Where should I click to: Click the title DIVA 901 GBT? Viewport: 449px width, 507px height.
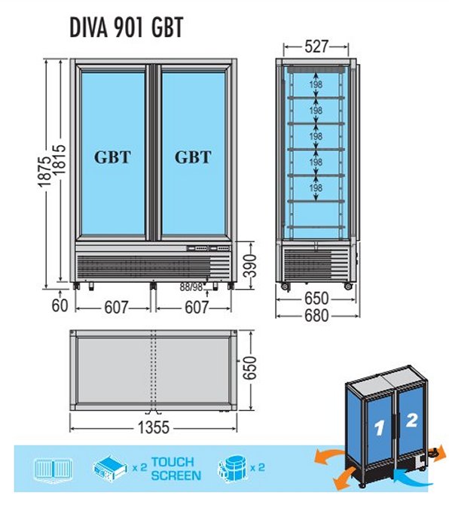pos(127,27)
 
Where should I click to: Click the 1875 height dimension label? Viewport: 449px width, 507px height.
pos(44,172)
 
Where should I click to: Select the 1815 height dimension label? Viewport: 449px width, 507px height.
pos(60,159)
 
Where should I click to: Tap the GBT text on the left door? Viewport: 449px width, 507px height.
pos(112,157)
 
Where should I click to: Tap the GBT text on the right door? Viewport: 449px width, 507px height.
pos(193,157)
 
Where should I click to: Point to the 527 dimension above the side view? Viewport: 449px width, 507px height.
pos(316,47)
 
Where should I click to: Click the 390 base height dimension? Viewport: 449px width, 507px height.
pos(250,266)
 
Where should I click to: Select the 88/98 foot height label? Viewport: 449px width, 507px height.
pos(191,287)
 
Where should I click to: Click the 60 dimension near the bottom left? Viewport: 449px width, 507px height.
pos(60,305)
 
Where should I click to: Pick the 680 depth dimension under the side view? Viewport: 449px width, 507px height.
pos(316,316)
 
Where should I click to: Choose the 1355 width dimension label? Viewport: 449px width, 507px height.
pos(154,427)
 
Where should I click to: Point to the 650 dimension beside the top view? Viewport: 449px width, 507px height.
pos(250,368)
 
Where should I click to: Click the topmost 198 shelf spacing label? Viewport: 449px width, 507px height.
pos(316,84)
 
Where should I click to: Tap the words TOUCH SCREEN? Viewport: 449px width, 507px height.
pos(176,469)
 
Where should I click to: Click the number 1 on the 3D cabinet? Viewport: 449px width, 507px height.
pos(379,428)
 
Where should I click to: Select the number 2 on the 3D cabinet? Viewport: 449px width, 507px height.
pos(411,420)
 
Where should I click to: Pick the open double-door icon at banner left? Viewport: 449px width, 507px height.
pos(53,468)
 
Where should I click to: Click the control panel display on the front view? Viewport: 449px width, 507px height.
pos(209,248)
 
